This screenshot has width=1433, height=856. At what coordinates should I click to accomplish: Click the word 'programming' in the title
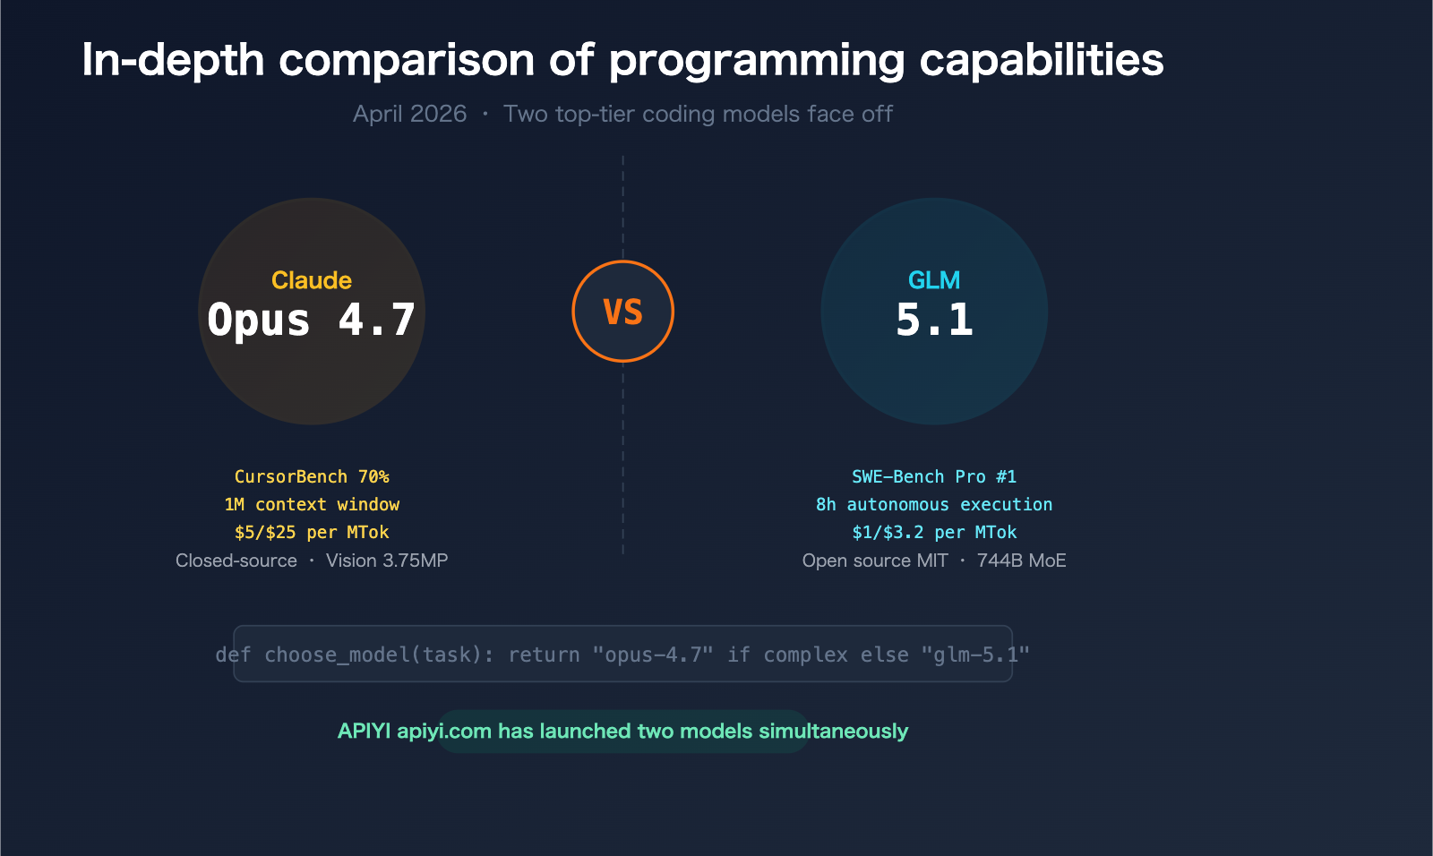(758, 61)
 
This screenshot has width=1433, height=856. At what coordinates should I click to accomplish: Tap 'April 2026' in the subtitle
(409, 114)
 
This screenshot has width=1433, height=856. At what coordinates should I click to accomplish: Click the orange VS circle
(622, 312)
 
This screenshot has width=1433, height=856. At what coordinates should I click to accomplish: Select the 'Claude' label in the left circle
(311, 280)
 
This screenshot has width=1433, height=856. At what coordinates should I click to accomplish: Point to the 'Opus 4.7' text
(311, 320)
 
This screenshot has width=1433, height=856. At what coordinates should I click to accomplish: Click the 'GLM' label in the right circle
(933, 280)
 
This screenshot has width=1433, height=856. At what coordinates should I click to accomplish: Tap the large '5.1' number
(934, 320)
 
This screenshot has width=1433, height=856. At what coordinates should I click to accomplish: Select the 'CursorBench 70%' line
(312, 476)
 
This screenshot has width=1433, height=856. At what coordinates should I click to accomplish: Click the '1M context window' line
(312, 504)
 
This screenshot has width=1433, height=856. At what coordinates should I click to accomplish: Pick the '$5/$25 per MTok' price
(312, 532)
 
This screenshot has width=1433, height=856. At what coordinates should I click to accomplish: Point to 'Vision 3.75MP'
(387, 561)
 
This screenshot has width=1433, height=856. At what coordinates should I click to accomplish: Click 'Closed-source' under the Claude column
(236, 561)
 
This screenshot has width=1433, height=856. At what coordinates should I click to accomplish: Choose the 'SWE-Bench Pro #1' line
(934, 476)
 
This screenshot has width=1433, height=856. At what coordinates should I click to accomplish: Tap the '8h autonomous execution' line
(934, 504)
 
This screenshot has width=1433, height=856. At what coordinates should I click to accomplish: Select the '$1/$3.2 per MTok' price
(934, 532)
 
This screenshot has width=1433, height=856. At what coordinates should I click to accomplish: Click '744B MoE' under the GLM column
(1021, 561)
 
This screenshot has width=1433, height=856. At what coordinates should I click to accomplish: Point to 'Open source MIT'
(875, 561)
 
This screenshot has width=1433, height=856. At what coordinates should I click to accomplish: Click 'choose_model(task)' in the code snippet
(379, 655)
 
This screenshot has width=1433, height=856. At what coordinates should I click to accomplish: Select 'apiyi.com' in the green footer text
(444, 731)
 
